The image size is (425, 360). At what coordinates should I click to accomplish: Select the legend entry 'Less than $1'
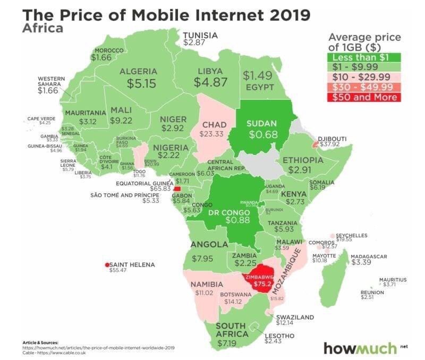361,57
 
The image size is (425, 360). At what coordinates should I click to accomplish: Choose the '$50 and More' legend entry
361,97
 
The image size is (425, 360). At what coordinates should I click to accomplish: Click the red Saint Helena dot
107,264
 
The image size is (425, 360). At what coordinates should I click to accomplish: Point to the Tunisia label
200,36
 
